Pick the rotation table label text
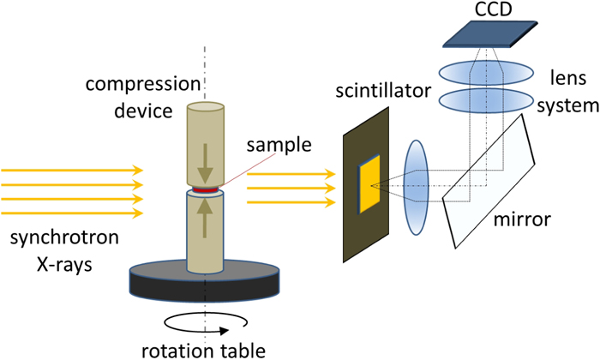(204, 348)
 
